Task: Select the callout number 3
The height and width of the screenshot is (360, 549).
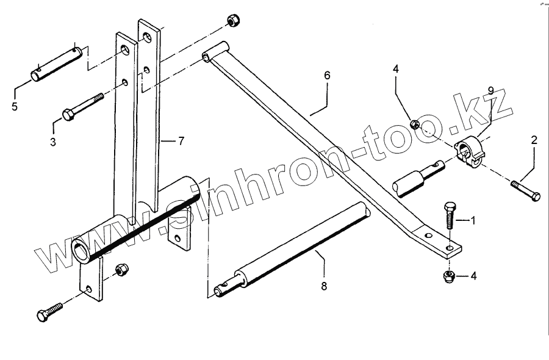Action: tap(53, 142)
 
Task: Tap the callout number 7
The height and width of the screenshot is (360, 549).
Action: tap(181, 141)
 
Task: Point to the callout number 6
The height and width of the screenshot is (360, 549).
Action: tap(327, 76)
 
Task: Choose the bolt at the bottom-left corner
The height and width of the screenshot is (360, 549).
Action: tap(49, 311)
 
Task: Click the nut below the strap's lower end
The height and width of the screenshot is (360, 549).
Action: tap(447, 276)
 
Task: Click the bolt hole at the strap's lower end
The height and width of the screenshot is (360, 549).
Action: tap(450, 248)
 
